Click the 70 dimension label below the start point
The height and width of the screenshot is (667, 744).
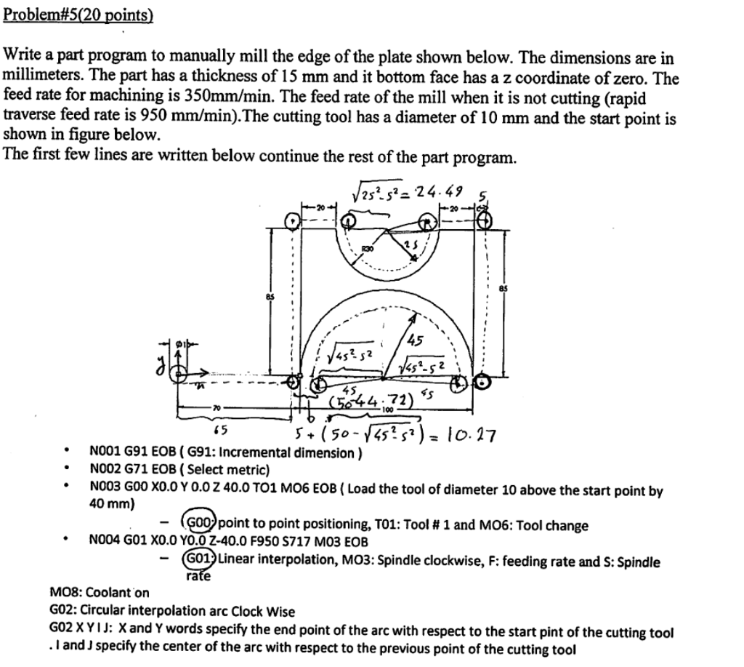(216, 407)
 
